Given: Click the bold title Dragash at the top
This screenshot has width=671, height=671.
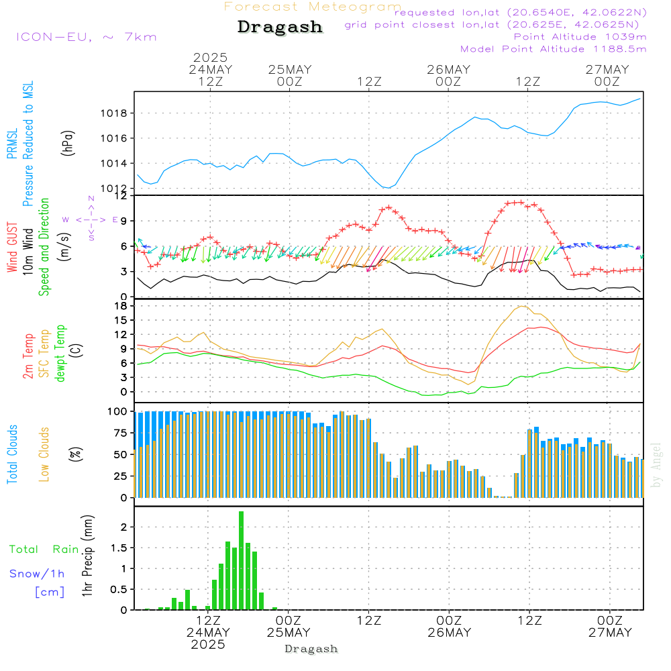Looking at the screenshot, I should point(280,28).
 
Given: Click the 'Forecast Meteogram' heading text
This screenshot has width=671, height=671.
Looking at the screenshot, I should point(313,7).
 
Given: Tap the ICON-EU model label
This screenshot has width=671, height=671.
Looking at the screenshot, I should point(86,37).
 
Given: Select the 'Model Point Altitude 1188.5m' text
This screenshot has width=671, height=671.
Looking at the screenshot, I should point(553,49).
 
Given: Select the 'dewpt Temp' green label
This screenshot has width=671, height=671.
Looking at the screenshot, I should point(60,354).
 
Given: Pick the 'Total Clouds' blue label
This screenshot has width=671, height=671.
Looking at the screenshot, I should point(12,454).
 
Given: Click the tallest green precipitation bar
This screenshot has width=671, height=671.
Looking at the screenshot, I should point(241,560).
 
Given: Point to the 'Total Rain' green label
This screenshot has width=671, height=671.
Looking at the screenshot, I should point(44,550).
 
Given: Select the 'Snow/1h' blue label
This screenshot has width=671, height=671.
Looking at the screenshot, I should point(38,574).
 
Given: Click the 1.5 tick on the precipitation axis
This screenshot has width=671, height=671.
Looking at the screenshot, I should point(118,548).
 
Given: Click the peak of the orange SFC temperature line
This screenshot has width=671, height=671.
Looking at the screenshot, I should point(523,307).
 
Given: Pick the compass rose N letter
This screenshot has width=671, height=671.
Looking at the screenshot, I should point(91,199).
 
